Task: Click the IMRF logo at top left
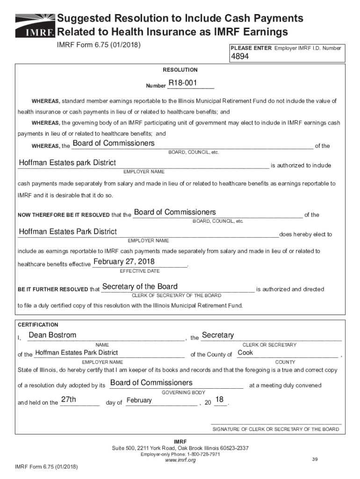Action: (35, 26)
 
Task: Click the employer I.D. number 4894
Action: (239, 57)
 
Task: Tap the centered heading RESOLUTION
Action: (180, 70)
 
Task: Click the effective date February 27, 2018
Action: (124, 261)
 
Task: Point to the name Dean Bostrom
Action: (52, 335)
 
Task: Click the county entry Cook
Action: (245, 352)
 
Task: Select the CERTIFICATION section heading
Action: (38, 325)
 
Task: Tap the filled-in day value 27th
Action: (69, 400)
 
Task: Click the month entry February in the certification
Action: (139, 400)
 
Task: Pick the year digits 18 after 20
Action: (219, 400)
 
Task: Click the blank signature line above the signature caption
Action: (276, 423)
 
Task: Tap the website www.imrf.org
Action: (180, 460)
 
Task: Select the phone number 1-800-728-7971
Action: (203, 454)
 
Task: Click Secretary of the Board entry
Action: (140, 286)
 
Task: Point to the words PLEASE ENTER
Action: (251, 48)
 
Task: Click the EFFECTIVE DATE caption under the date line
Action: (140, 271)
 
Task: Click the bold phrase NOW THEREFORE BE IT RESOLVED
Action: (64, 215)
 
